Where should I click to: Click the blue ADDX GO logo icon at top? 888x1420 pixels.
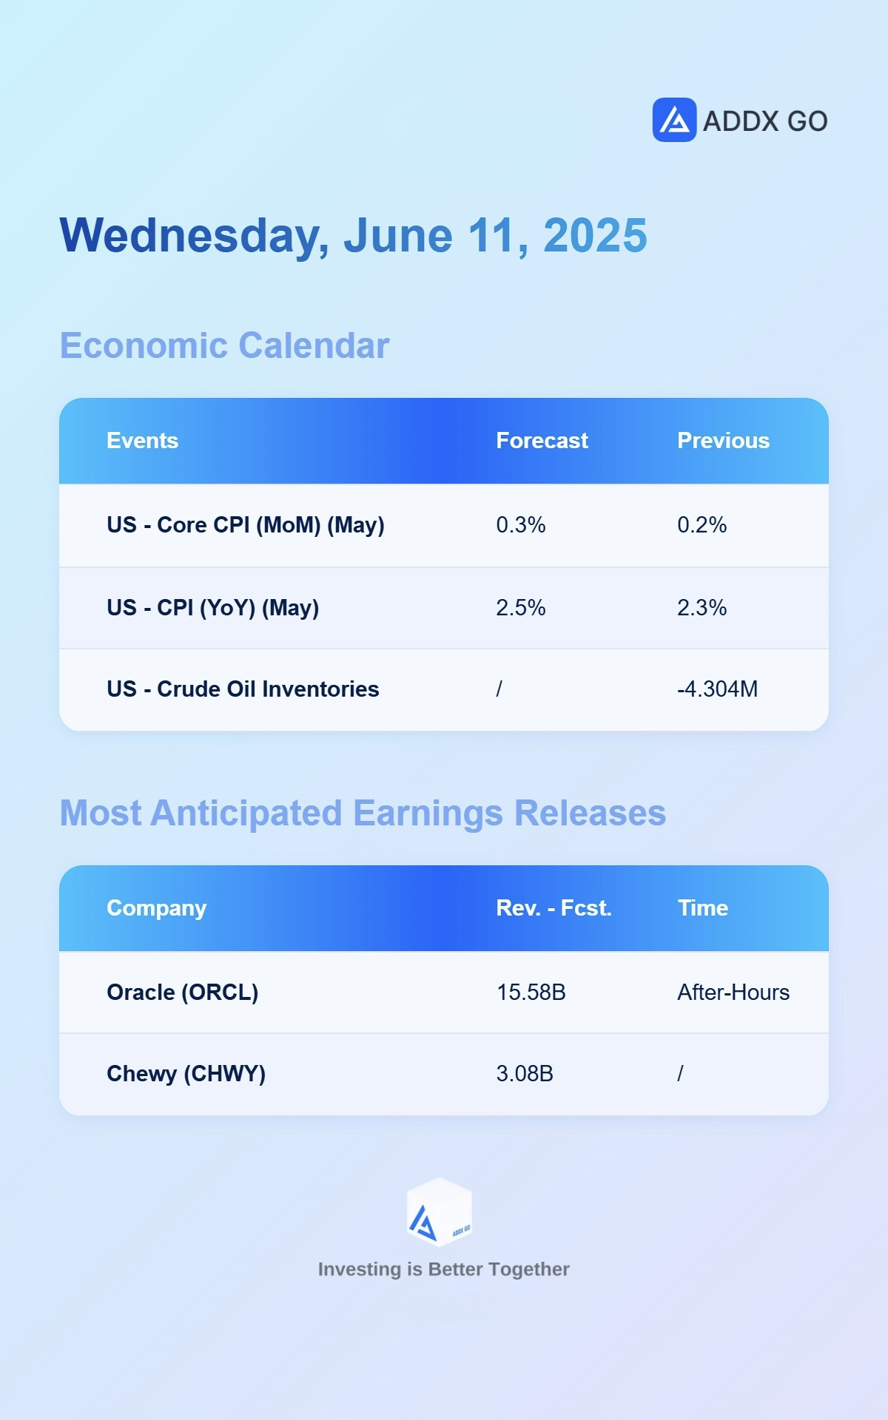pos(674,120)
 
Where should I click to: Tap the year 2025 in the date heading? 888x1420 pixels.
pos(595,236)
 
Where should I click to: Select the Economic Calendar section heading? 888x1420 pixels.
pos(224,345)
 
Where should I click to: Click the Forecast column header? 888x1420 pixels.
pos(542,441)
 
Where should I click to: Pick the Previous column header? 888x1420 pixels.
pos(723,441)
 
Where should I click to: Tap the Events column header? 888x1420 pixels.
pos(142,441)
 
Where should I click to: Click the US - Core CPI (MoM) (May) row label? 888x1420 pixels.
pos(246,525)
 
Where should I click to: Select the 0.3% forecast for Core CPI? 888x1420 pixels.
pos(521,525)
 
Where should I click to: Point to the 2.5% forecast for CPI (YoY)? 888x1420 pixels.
pos(521,608)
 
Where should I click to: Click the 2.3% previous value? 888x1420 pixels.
pos(702,608)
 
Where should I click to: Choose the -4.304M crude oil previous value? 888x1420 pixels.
pos(717,689)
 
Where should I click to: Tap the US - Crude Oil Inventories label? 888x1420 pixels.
pos(243,689)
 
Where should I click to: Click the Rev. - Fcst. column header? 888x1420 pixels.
pos(554,908)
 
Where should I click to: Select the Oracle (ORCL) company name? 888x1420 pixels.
pos(183,993)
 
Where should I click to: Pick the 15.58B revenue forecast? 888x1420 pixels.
pos(531,993)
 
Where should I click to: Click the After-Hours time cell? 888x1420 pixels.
pos(733,993)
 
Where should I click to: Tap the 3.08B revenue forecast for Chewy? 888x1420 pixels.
pos(525,1074)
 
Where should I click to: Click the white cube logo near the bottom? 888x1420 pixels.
pos(440,1212)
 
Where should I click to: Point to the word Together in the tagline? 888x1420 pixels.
pos(529,1270)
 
